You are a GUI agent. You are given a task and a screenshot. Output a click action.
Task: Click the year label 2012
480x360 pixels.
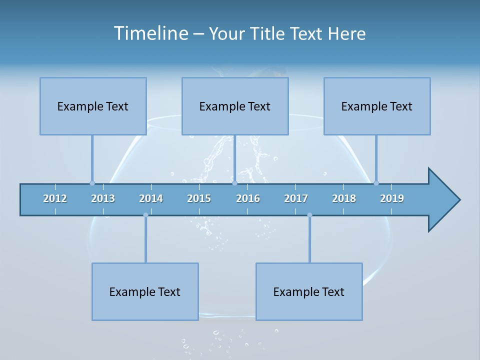pyautogui.click(x=55, y=198)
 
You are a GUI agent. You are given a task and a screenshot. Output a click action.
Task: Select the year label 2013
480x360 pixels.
pyautogui.click(x=103, y=198)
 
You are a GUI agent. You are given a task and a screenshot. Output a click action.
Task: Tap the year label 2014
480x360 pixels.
pyautogui.click(x=151, y=198)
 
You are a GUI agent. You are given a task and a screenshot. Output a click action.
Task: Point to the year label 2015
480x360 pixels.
pyautogui.click(x=199, y=198)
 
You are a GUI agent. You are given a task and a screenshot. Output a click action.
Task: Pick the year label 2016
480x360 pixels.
pyautogui.click(x=248, y=198)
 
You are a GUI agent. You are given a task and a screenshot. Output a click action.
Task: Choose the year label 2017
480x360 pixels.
pyautogui.click(x=296, y=198)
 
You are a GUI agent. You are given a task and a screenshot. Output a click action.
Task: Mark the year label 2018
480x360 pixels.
pyautogui.click(x=344, y=198)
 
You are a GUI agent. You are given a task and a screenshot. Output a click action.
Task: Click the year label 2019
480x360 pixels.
pyautogui.click(x=392, y=198)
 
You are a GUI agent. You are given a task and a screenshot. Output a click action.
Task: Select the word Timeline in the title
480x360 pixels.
pyautogui.click(x=150, y=33)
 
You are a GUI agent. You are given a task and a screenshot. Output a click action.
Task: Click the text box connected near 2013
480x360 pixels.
pyautogui.click(x=93, y=106)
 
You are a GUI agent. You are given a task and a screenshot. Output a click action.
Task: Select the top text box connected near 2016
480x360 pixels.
pyautogui.click(x=235, y=106)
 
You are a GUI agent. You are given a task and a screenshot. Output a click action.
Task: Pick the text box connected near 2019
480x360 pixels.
pyautogui.click(x=377, y=106)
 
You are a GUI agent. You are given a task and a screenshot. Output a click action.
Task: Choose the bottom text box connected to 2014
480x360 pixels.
pyautogui.click(x=145, y=291)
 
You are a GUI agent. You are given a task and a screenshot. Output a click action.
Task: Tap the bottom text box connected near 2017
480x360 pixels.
pyautogui.click(x=309, y=291)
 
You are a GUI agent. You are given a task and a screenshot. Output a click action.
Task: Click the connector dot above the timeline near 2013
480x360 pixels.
pyautogui.click(x=92, y=183)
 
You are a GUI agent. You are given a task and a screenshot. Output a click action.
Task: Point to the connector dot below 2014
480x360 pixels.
pyautogui.click(x=145, y=215)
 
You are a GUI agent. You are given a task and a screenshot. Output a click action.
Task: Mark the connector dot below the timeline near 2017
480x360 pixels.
pyautogui.click(x=309, y=215)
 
